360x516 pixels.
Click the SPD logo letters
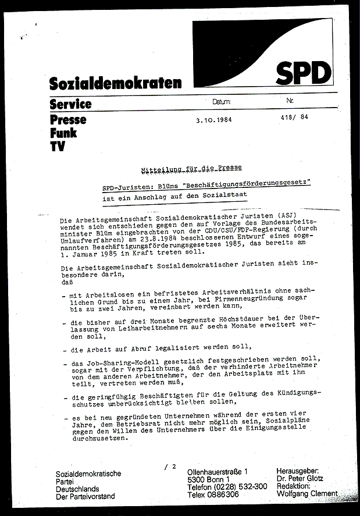click(x=303, y=74)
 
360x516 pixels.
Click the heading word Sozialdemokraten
click(x=115, y=83)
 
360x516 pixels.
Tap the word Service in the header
click(x=70, y=105)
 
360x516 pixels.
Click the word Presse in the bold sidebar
click(x=68, y=120)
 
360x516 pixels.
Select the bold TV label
click(x=57, y=147)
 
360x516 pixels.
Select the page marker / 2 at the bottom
click(x=170, y=466)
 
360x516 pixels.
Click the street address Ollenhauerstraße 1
click(x=217, y=471)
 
